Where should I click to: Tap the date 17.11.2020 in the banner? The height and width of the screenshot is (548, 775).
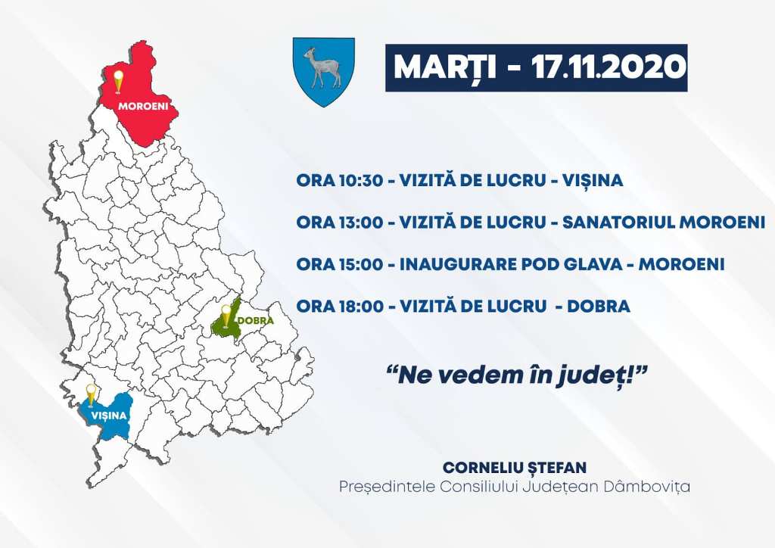coord(609,67)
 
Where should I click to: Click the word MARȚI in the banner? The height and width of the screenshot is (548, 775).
coord(445,67)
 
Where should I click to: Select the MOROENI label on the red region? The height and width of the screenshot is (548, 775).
coord(143,106)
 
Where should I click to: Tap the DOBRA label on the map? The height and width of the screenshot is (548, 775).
coord(256,320)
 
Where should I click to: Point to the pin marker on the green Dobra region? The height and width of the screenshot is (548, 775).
coord(226,316)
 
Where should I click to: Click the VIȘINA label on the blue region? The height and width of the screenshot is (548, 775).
coord(109,416)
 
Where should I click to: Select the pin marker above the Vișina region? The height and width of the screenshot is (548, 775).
coord(91,395)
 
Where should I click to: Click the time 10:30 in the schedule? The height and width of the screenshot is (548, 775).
coord(360,180)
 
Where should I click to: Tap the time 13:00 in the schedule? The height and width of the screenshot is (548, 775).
coord(360,223)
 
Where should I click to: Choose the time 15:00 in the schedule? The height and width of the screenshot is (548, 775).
coord(360,264)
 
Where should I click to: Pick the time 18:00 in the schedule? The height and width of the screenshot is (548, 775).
coord(360,307)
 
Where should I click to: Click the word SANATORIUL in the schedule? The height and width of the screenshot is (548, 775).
coord(618,223)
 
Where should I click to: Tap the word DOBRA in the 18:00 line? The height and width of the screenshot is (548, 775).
coord(599,307)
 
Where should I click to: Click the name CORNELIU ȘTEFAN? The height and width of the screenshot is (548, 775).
coord(515,468)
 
